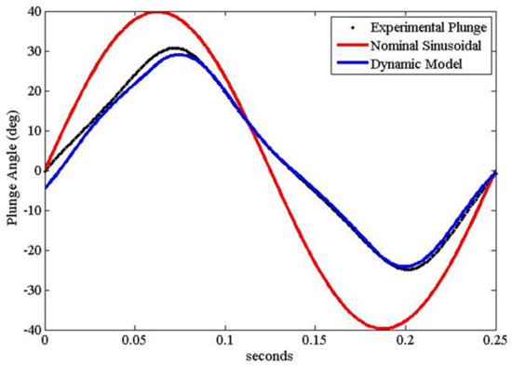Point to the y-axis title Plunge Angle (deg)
click(12, 170)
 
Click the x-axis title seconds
click(270, 357)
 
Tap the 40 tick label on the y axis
click(31, 12)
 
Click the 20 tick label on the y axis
click(31, 91)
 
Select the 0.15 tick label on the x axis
click(315, 341)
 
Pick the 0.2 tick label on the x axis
click(405, 341)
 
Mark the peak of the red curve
click(157, 12)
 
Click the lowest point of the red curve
click(383, 329)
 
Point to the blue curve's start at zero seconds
click(45, 188)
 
